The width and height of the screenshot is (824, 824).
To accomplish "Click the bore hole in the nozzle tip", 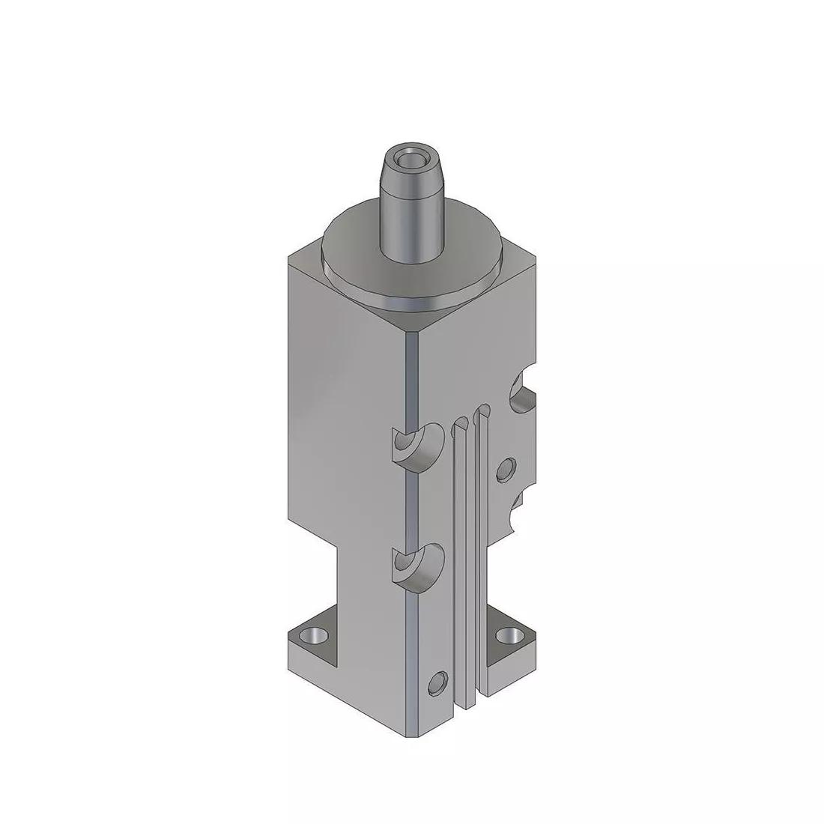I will (410, 160).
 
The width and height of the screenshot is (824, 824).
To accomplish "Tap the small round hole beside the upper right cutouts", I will (507, 470).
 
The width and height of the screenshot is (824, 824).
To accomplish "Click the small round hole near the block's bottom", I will (437, 682).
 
